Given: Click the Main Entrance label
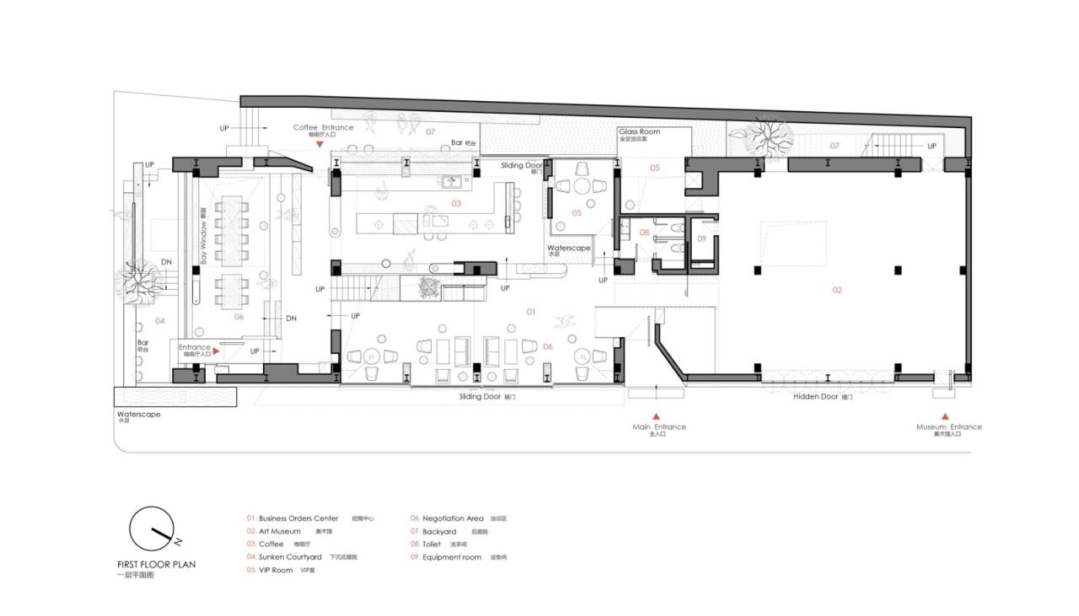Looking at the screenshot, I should pyautogui.click(x=659, y=427).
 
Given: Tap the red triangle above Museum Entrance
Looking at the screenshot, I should pyautogui.click(x=945, y=416).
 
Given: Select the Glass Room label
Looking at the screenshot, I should pyautogui.click(x=640, y=132).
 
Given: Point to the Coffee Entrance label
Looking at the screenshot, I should pyautogui.click(x=323, y=127).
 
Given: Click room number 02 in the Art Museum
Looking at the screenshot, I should pyautogui.click(x=837, y=290).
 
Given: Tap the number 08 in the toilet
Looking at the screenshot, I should pyautogui.click(x=644, y=232).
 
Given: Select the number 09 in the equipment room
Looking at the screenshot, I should pyautogui.click(x=701, y=238).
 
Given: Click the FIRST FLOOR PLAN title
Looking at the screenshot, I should pyautogui.click(x=156, y=564).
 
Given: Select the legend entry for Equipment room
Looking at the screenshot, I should pyautogui.click(x=451, y=557).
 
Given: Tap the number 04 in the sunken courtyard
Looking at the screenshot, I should pyautogui.click(x=159, y=321).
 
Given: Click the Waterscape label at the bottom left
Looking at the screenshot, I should pyautogui.click(x=138, y=415).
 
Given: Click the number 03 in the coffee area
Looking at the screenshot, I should pyautogui.click(x=456, y=204).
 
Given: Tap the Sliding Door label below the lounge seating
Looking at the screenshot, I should pyautogui.click(x=480, y=396).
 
